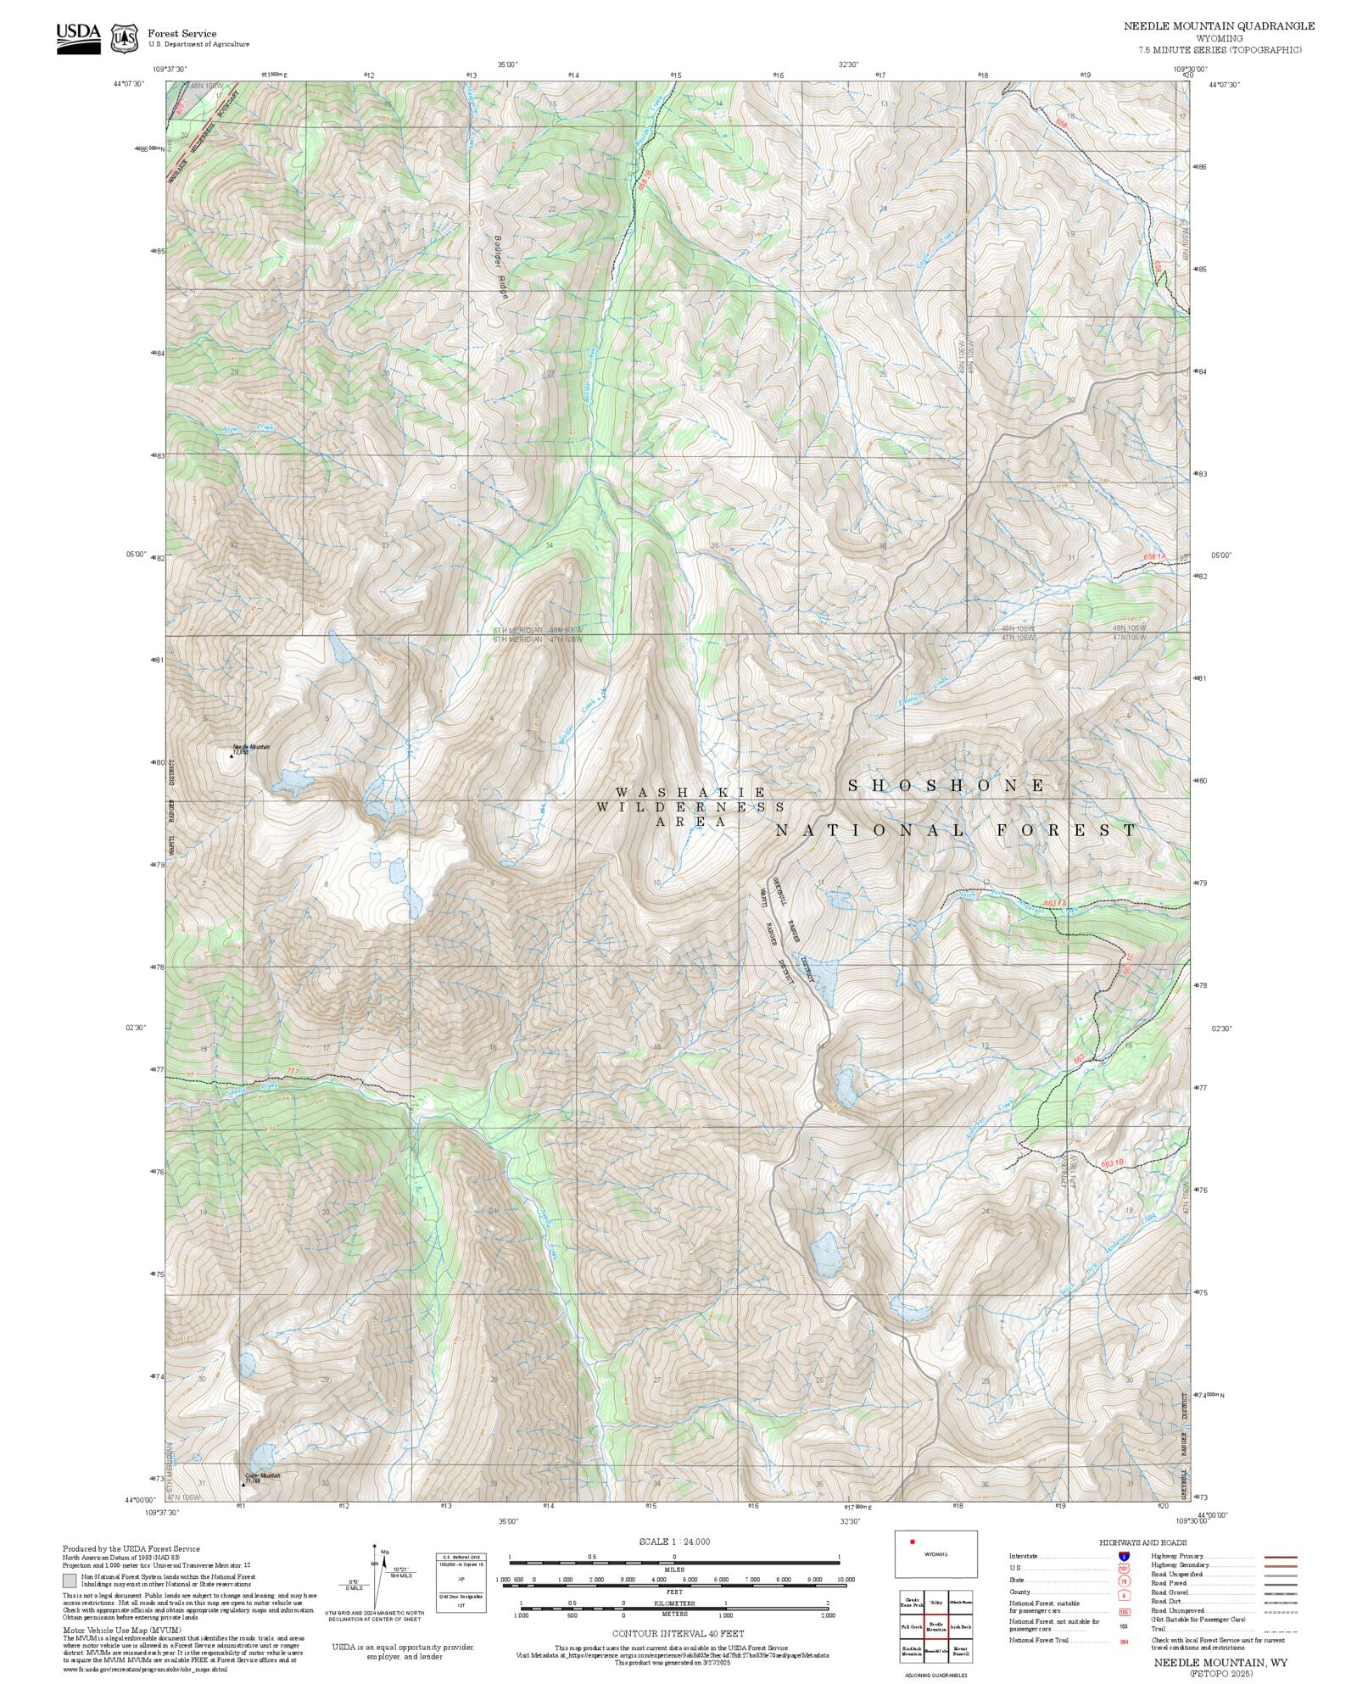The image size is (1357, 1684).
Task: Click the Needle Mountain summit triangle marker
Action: (231, 753)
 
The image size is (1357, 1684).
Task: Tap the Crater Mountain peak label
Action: (262, 1475)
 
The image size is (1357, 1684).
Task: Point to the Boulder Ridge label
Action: (501, 265)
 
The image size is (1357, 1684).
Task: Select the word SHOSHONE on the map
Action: (947, 785)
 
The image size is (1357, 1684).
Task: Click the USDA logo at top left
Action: (78, 37)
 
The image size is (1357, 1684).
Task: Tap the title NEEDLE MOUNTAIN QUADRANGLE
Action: (1219, 26)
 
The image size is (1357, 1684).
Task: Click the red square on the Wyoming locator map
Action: (913, 1542)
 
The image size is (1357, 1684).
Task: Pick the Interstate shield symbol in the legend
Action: (1124, 1557)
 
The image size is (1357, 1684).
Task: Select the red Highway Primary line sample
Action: (1280, 1557)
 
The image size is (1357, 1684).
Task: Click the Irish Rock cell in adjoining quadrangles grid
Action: (960, 1628)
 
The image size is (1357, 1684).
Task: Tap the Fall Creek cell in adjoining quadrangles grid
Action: (912, 1628)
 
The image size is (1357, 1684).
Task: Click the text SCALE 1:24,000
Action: (674, 1542)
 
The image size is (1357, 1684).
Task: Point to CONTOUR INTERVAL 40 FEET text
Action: (678, 1633)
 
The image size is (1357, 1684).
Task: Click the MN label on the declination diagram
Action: (383, 1552)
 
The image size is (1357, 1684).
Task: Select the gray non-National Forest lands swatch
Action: (70, 1581)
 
